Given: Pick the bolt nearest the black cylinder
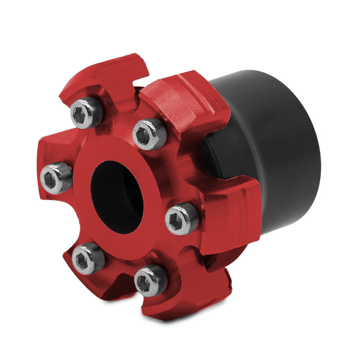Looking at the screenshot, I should pos(182,219).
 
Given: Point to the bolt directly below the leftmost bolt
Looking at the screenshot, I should pos(88,258).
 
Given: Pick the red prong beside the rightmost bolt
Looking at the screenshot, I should pos(229,211).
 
